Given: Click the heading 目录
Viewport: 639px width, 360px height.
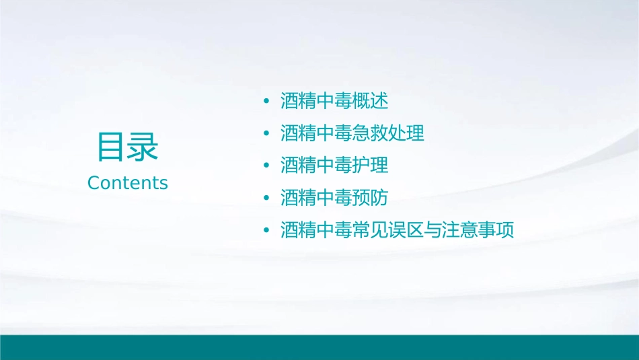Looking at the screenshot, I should pos(128,147).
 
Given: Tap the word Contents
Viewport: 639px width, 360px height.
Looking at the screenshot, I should pos(128,182).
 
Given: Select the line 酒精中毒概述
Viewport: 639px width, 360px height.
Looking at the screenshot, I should pos(334,102).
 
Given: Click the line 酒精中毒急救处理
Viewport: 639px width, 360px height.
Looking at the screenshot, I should pos(352,133).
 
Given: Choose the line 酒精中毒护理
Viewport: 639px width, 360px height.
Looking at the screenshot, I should pos(334,166).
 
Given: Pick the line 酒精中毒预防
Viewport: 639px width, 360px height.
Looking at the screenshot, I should pos(334,198).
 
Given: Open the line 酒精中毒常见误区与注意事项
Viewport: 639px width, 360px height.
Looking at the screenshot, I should pos(397,230).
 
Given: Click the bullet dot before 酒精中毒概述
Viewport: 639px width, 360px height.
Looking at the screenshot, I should pos(267,102).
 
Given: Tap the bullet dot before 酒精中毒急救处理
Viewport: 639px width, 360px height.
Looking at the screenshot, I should pos(267,134).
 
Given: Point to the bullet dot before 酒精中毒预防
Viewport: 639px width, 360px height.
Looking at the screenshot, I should pos(267,199).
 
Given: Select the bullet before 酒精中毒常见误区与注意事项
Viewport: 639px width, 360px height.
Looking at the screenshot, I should pos(267,231).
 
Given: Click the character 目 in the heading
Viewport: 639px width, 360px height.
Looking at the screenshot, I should pos(112,147).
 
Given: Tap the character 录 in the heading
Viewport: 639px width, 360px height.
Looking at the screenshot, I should pos(143,147).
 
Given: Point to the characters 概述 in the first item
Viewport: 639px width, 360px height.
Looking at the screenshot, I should pos(371,102).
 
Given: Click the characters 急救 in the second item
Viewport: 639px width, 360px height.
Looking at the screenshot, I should pos(371,133).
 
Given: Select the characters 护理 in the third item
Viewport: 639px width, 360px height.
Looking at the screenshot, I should pos(371,166).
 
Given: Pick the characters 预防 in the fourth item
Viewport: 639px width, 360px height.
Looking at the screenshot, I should pos(371,198).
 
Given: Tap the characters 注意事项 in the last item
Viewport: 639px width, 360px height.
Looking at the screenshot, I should pos(478,230).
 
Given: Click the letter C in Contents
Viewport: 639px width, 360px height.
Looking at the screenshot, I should pos(94,182).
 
